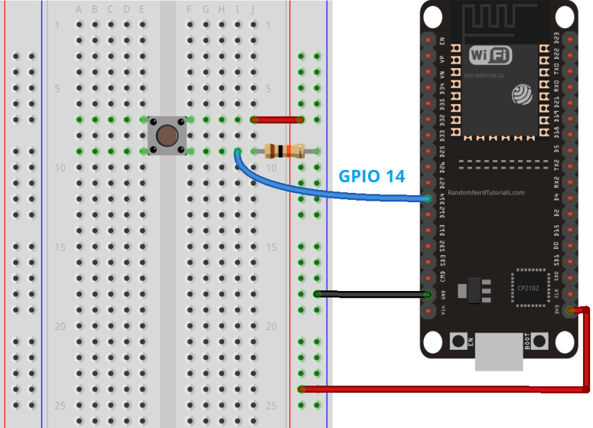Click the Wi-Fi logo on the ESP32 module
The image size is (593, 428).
490,54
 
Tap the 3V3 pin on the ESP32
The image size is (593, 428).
570,310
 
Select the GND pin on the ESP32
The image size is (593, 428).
428,295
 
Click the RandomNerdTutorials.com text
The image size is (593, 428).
486,193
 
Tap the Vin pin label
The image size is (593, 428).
443,310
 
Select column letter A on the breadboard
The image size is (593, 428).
79,9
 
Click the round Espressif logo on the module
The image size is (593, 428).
521,94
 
